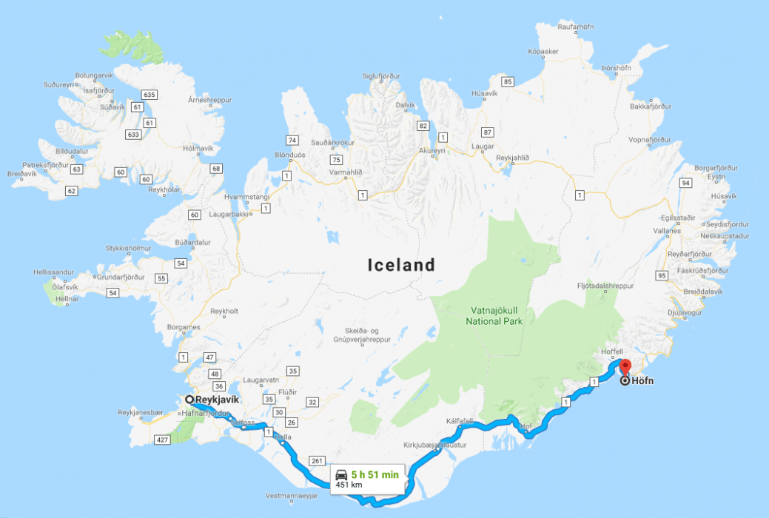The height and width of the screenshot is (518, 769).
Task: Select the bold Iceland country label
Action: [x=401, y=265]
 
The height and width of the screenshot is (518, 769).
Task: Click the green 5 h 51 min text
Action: [x=375, y=474]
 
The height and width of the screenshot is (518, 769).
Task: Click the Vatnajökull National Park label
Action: [x=494, y=316]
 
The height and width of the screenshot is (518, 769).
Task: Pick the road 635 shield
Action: [x=150, y=94]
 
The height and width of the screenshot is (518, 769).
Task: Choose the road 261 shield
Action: [x=317, y=461]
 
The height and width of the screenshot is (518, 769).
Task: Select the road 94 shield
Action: [x=685, y=183]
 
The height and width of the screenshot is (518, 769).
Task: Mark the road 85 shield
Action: [x=506, y=81]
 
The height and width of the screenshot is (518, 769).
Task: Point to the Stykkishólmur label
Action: [x=128, y=248]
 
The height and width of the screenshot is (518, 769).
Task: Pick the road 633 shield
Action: [x=133, y=135]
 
